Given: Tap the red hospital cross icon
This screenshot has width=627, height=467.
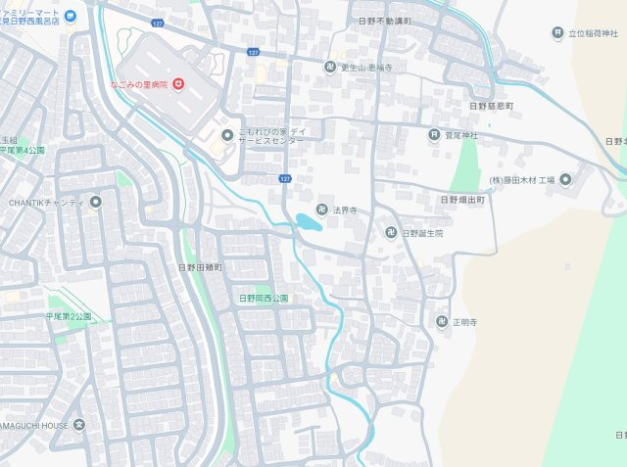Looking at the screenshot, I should (x=178, y=85).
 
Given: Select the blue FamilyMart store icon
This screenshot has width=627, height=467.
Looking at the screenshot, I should (x=71, y=19).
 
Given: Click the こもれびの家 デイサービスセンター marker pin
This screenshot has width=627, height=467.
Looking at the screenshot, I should (x=227, y=135).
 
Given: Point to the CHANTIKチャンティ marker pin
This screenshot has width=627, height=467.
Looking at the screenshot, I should (x=95, y=203).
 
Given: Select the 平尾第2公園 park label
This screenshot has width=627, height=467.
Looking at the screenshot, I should (x=68, y=316).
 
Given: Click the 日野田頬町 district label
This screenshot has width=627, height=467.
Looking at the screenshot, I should (x=200, y=266).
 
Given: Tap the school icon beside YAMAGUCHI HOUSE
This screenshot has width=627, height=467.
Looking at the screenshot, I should (x=78, y=425).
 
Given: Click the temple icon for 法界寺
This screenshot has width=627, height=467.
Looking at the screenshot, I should (x=322, y=210).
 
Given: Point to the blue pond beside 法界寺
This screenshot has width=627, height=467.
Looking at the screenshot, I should (x=307, y=222).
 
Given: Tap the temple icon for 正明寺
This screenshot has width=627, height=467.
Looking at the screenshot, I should (x=441, y=321).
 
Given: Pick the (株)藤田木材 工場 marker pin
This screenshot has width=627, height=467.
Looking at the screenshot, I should (x=567, y=180).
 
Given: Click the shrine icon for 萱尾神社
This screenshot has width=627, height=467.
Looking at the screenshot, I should (x=434, y=135).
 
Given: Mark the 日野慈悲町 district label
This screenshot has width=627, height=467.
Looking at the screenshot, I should (x=491, y=105).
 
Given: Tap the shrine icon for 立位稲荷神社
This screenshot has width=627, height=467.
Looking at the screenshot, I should (x=557, y=34).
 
